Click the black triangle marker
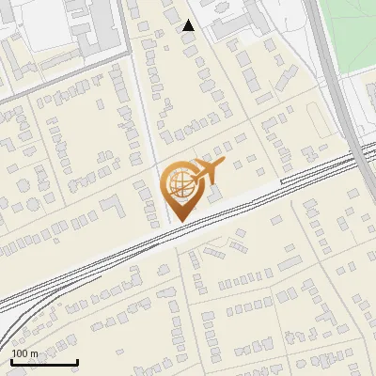[189, 25]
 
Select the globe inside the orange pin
[177, 184]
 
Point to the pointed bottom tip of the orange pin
[177, 221]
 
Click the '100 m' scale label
[25, 353]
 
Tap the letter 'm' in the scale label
[36, 353]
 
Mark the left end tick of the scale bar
[11, 361]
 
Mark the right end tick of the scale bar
[77, 361]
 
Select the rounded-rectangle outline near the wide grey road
[315, 117]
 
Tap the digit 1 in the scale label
[14, 353]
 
